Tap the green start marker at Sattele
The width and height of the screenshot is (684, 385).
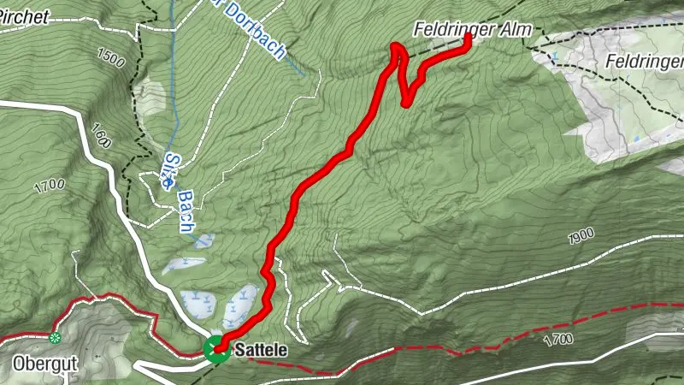[x=216, y=348]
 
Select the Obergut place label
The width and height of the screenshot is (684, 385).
[x=45, y=363]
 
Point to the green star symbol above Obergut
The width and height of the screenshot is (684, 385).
[x=56, y=338]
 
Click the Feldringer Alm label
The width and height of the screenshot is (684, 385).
[x=472, y=30]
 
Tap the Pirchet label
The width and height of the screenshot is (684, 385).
[x=23, y=15]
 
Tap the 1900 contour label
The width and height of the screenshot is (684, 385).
[x=580, y=235]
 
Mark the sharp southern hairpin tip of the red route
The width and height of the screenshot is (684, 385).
[x=406, y=104]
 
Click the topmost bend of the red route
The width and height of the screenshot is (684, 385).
[x=397, y=46]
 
